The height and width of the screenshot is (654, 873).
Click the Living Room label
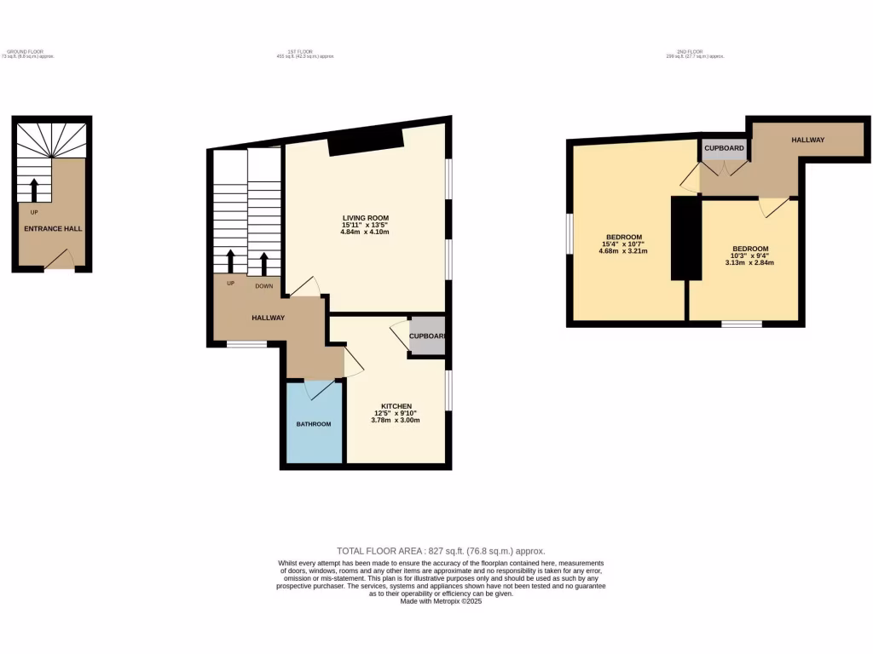pos(365,218)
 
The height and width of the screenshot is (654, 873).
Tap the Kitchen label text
pos(396,406)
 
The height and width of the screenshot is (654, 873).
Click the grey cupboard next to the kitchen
pos(427,336)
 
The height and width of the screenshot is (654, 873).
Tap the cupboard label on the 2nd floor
pos(724,148)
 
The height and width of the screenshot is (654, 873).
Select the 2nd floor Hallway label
pos(807,140)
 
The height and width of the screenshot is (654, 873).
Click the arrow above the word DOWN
pos(263,263)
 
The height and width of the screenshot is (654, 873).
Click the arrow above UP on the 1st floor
pos(230,263)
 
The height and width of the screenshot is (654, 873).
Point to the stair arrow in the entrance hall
pos(34,190)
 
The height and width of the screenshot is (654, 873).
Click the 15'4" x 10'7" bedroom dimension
pos(623,244)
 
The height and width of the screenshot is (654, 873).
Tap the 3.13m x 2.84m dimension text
pos(750,263)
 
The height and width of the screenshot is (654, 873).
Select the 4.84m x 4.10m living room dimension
pos(365,232)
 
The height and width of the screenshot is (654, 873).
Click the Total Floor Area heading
pos(441,551)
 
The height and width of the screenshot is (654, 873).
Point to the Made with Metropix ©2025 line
pos(441,601)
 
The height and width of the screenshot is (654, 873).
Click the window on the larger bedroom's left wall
pos(569,233)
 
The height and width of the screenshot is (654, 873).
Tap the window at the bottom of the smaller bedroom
pos(742,324)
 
